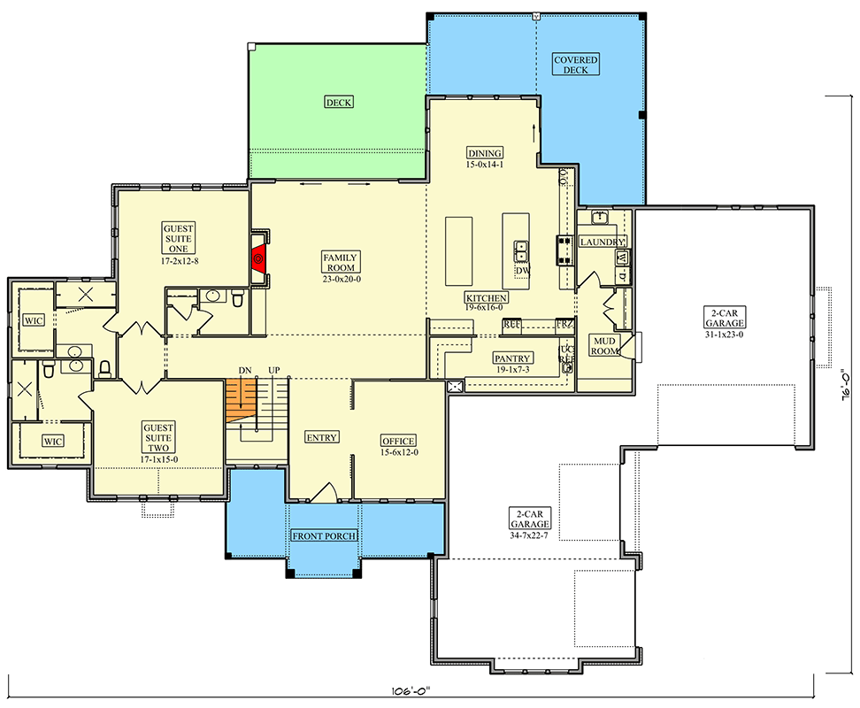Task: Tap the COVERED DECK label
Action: (576, 65)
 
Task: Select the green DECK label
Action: (338, 103)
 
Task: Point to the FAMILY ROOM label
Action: (341, 262)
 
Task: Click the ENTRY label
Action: (320, 437)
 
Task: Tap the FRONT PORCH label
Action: (325, 536)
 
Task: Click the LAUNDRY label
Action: (603, 242)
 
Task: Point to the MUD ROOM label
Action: (605, 345)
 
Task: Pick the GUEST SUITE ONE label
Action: (179, 239)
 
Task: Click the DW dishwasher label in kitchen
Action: (523, 271)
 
